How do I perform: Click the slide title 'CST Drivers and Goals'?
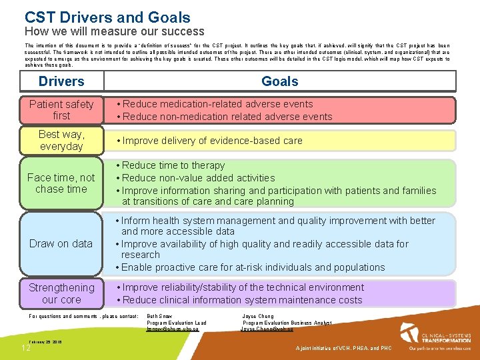click(x=107, y=18)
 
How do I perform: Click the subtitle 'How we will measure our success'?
click(x=114, y=31)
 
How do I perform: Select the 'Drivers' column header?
click(x=61, y=81)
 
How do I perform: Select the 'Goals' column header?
click(x=279, y=81)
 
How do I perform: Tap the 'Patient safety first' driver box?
click(x=61, y=110)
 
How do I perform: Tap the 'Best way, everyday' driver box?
click(x=61, y=141)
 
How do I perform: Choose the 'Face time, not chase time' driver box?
click(x=61, y=183)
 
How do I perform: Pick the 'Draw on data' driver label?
click(x=61, y=243)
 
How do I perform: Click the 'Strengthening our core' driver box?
click(x=61, y=293)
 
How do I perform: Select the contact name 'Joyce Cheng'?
click(x=257, y=316)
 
